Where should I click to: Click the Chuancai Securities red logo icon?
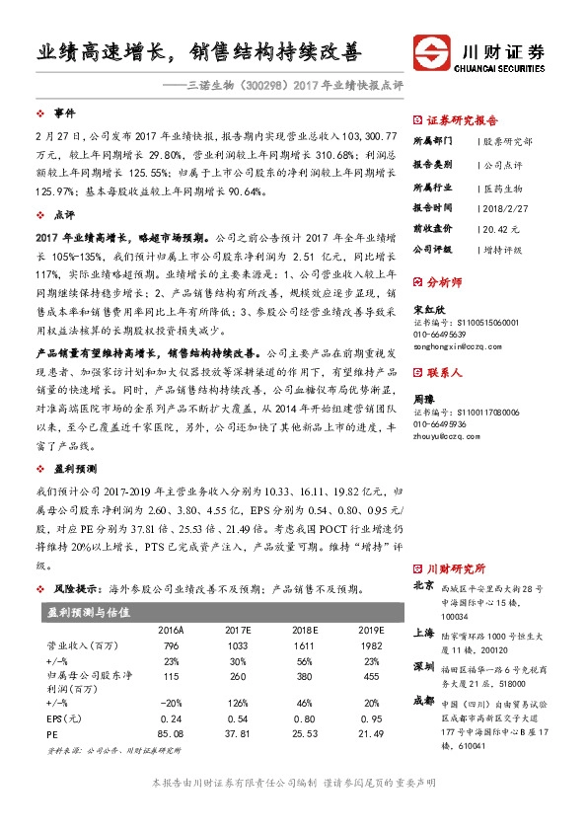[x=431, y=51]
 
